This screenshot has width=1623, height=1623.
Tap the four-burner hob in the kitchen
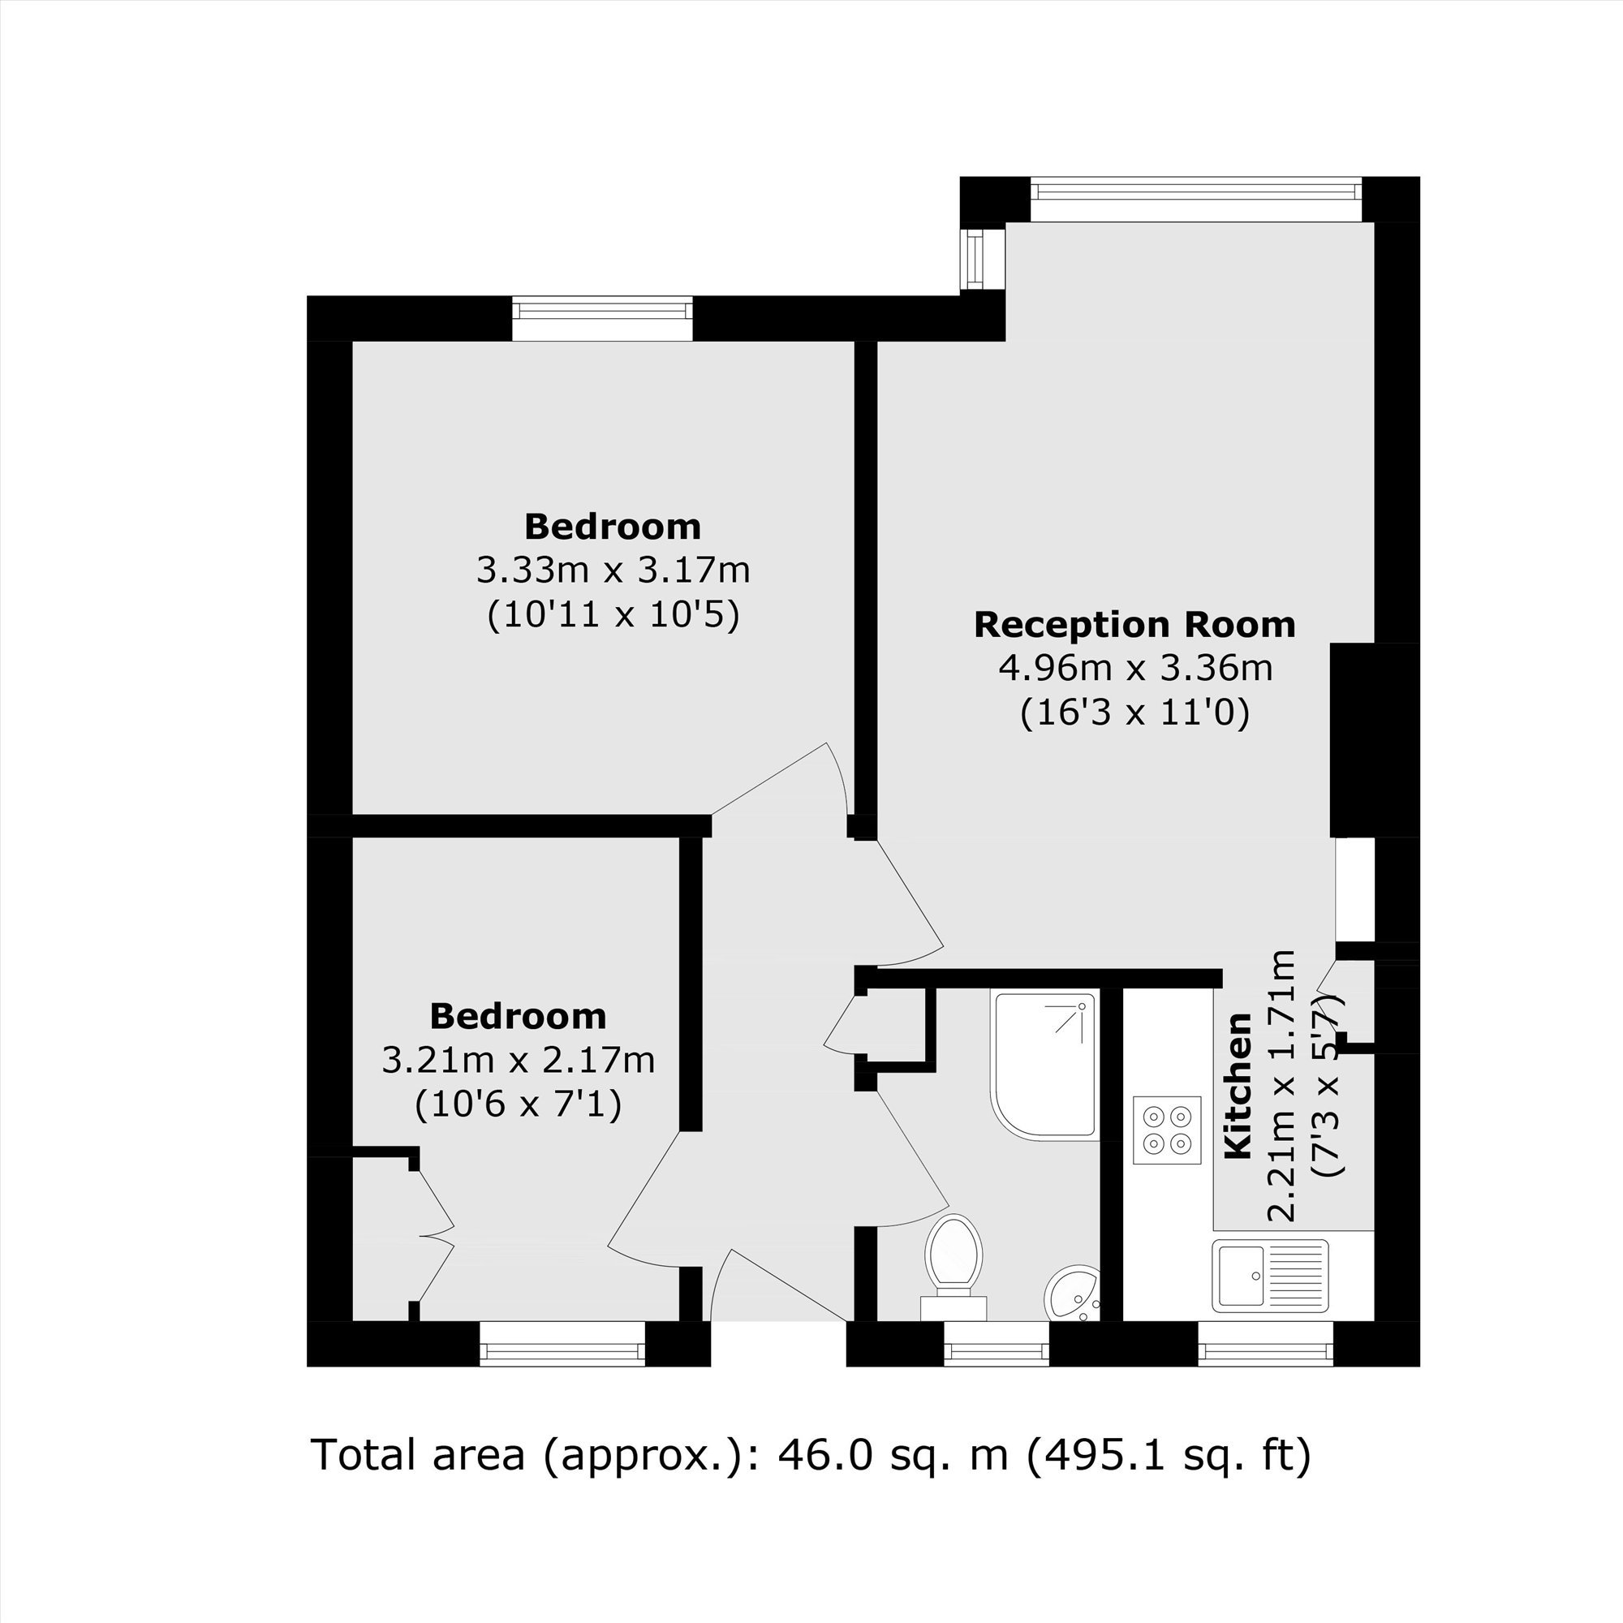click(x=1167, y=1130)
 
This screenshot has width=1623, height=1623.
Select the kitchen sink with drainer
click(x=1270, y=1275)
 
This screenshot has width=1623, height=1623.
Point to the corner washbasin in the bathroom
click(x=1073, y=1294)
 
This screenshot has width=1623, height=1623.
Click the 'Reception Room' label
click(x=1135, y=625)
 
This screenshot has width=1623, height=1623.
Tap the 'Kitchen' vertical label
click(x=1238, y=1087)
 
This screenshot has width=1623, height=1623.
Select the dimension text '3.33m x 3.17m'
click(x=613, y=570)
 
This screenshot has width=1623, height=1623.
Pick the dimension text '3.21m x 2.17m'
click(x=519, y=1060)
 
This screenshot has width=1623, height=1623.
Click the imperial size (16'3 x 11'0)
click(x=1135, y=713)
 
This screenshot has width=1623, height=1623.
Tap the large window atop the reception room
click(x=1195, y=199)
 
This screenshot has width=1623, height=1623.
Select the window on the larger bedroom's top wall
click(x=602, y=318)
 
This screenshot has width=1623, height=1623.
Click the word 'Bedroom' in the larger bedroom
click(x=613, y=527)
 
